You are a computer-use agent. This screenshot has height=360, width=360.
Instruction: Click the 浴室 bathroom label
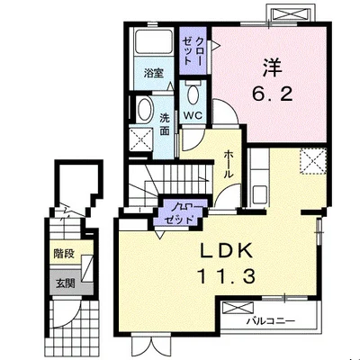(x=154, y=73)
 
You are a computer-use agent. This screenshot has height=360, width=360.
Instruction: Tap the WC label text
(x=193, y=115)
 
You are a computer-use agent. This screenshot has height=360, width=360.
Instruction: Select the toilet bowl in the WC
(x=193, y=94)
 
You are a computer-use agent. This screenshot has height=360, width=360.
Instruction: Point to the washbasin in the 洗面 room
(x=145, y=110)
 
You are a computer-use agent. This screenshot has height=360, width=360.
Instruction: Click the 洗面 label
(x=164, y=124)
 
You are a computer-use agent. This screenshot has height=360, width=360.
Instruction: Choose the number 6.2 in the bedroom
(x=272, y=94)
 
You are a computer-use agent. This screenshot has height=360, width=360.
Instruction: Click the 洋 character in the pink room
(x=273, y=67)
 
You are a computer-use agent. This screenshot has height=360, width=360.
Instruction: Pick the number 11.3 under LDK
(x=226, y=276)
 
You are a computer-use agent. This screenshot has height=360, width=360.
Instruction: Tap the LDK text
(x=227, y=251)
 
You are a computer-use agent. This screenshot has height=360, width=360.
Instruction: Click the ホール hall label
(x=229, y=165)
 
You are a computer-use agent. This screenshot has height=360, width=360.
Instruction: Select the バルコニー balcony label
(x=271, y=321)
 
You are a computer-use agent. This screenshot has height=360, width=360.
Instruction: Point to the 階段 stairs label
(x=64, y=254)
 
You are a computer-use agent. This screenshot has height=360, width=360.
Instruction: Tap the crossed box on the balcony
(x=238, y=308)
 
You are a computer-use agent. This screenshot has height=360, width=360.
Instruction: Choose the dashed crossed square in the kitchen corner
(x=313, y=161)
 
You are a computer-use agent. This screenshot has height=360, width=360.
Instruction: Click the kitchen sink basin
(x=260, y=194)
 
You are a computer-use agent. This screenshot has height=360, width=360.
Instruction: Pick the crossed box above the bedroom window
(x=290, y=14)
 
